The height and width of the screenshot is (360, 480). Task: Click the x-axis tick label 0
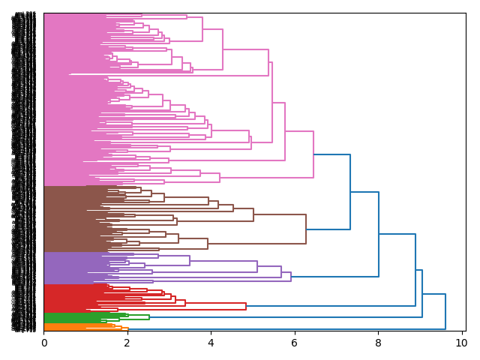pyautogui.click(x=43, y=343)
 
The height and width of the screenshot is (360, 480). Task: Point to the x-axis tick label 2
pyautogui.click(x=127, y=343)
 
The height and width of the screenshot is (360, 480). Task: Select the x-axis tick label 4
pyautogui.click(x=210, y=343)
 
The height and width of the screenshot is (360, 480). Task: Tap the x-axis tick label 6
pyautogui.click(x=294, y=343)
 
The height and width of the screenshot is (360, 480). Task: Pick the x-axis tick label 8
pyautogui.click(x=377, y=343)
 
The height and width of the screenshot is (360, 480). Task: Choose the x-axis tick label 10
pyautogui.click(x=460, y=343)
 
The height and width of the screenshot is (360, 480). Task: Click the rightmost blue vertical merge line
pyautogui.click(x=445, y=311)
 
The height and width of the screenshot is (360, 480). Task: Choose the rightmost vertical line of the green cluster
pyautogui.click(x=149, y=317)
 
